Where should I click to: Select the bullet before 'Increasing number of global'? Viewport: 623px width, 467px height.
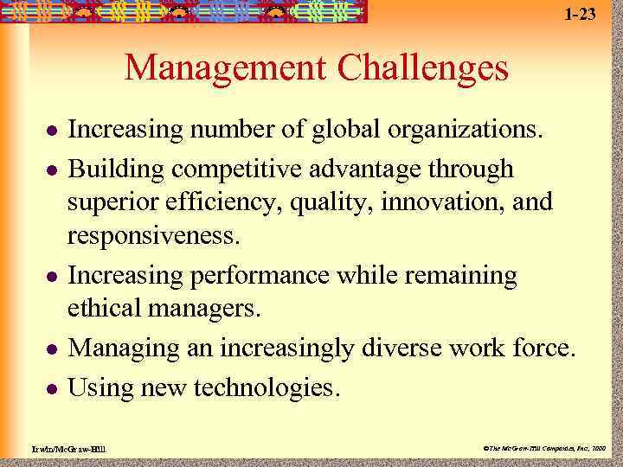click(x=52, y=132)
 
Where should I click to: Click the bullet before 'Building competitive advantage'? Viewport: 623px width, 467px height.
click(x=52, y=170)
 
